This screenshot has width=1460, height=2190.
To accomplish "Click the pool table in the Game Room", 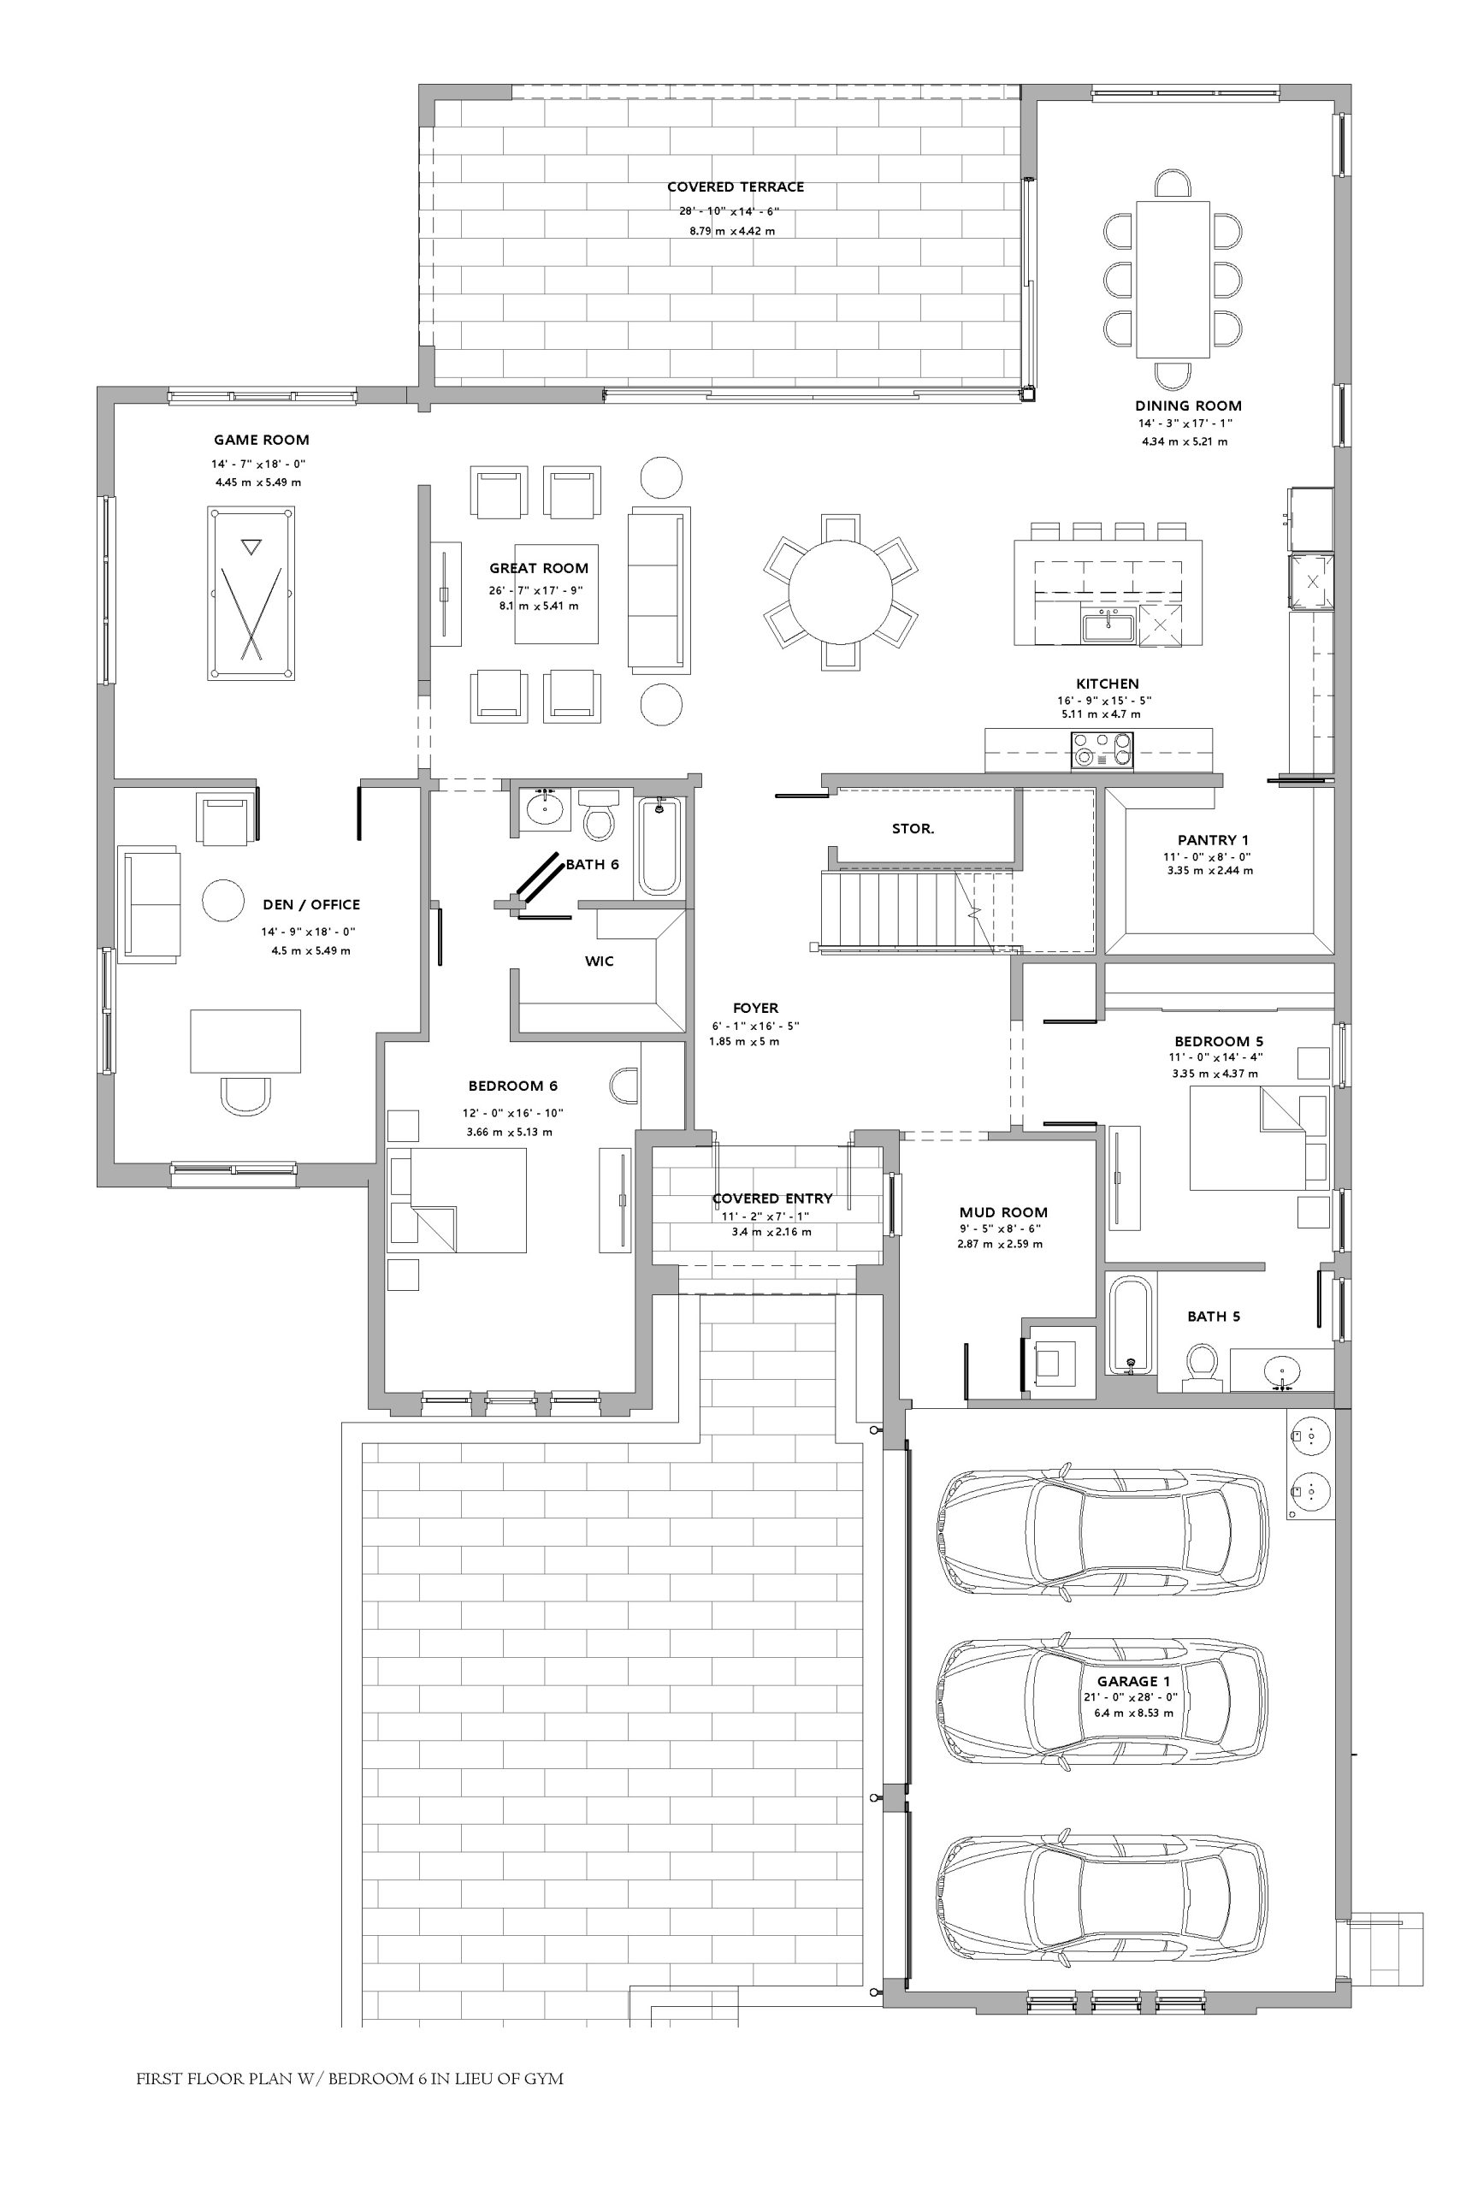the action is [251, 593].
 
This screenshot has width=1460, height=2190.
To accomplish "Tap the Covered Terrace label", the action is [736, 187].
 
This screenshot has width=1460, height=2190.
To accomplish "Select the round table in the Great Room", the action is [840, 592].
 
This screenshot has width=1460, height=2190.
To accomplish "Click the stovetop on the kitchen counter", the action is [1102, 749].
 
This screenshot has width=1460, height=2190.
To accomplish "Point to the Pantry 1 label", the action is [1214, 840].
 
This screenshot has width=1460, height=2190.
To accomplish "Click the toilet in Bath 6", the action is [598, 814].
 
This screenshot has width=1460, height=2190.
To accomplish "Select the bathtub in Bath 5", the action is [1131, 1325].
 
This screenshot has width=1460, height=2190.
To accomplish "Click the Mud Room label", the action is [1004, 1212].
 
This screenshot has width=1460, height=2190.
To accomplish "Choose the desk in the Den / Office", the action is [245, 1041].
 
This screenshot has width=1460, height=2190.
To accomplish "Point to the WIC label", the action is [600, 961].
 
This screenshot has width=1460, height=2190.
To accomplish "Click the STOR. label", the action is [913, 829].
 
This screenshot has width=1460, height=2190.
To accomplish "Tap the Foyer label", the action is [755, 1008].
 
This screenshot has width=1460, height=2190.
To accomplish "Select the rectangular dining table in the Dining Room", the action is [1173, 280].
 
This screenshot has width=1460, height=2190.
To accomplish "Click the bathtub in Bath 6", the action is [660, 845].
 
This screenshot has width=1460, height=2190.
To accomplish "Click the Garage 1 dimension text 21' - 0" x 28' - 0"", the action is [1131, 1696].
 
